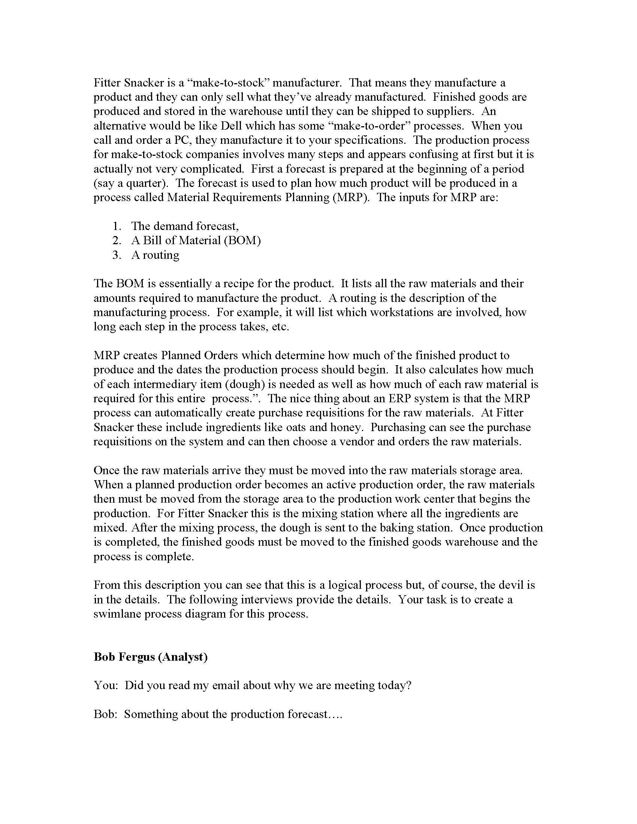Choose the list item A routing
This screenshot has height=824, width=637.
155,255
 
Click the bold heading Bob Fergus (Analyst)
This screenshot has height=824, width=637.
151,657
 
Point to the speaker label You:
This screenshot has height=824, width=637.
106,685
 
